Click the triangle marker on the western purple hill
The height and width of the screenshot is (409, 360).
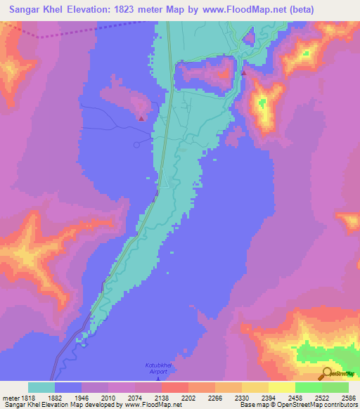[x=142, y=118]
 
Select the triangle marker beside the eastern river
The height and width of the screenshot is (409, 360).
[x=243, y=72]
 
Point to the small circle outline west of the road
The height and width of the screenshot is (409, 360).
[x=137, y=145]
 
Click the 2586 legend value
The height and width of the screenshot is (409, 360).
[x=349, y=397]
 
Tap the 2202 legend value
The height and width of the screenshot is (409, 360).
[x=188, y=397]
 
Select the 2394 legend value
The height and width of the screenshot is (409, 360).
[x=268, y=397]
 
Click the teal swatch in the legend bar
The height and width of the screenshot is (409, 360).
[x=41, y=387]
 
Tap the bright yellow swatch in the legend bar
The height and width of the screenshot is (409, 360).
[x=281, y=387]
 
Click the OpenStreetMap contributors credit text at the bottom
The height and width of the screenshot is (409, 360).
[x=318, y=405]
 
